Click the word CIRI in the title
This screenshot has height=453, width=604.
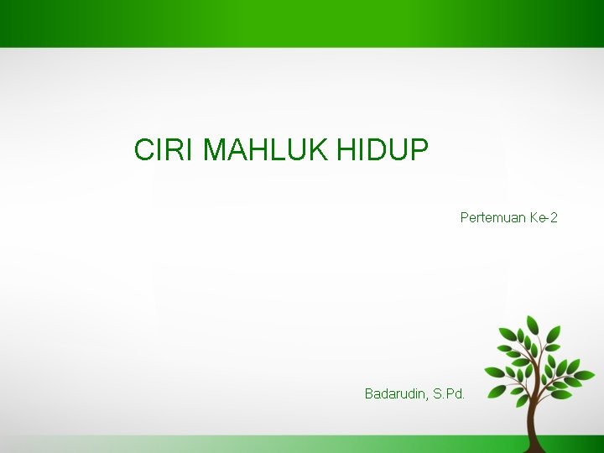pos(165,151)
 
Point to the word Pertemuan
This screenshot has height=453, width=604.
pos(492,218)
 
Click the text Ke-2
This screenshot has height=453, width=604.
pos(544,218)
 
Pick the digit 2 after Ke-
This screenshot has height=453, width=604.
pos(554,218)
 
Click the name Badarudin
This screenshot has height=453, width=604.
pos(395,393)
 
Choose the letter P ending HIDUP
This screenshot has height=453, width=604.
pos(419,151)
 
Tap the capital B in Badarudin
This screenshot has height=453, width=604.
pos(369,393)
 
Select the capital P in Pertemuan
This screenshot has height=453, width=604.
pos(465,218)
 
